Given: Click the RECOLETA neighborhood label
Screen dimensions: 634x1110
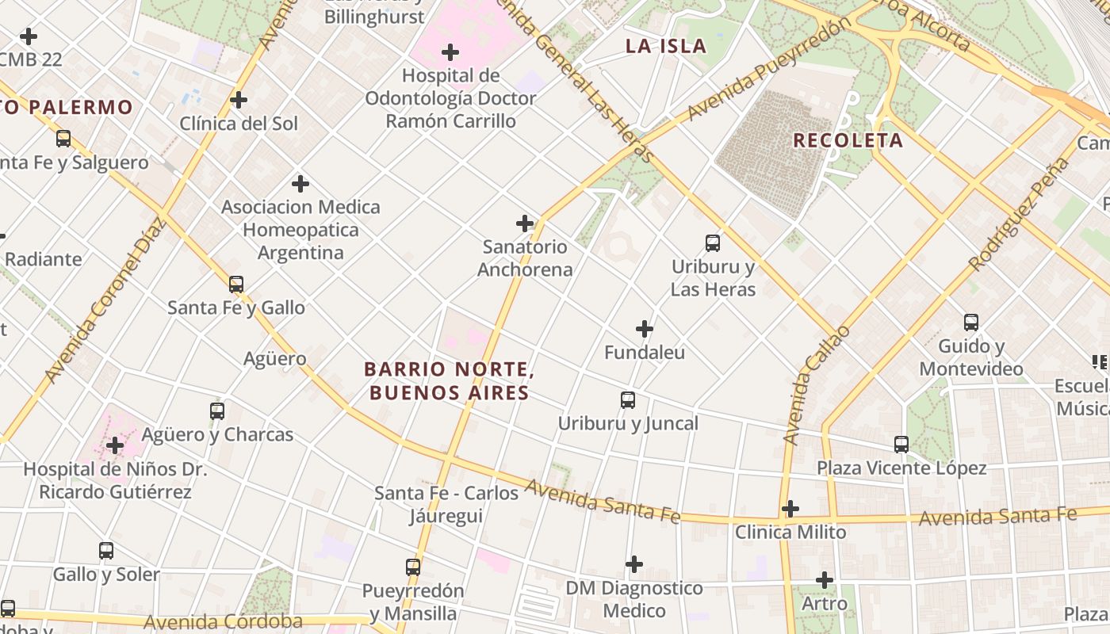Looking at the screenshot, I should [x=848, y=140].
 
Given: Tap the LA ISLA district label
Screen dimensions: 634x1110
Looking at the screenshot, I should [x=665, y=46].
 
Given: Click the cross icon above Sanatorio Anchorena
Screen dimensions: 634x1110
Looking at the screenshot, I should [x=525, y=223].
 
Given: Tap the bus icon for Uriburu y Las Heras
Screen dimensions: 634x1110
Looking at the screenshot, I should [x=713, y=243].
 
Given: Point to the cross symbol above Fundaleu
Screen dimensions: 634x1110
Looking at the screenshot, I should [x=645, y=329].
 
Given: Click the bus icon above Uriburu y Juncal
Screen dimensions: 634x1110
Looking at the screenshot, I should [x=628, y=400].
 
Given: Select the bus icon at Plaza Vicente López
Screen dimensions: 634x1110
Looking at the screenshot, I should [x=901, y=445].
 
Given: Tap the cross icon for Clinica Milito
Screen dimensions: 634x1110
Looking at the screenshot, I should [x=790, y=509].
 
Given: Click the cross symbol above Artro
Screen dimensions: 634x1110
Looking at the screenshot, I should [x=825, y=581].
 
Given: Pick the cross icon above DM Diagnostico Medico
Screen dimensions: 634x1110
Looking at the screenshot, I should [x=634, y=564].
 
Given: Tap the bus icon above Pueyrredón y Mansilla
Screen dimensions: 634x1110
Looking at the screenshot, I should [x=413, y=567].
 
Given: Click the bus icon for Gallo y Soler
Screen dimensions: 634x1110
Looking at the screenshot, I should [x=106, y=551].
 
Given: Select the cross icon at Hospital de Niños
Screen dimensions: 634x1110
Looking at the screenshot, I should [x=115, y=445].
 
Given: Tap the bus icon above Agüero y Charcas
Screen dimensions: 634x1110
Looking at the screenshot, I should [x=217, y=411].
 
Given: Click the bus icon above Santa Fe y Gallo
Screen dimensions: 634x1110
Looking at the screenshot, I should [x=236, y=285].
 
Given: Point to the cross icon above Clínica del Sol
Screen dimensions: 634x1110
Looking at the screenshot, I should [x=239, y=100].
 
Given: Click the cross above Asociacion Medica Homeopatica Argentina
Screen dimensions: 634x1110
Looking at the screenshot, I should [x=300, y=184].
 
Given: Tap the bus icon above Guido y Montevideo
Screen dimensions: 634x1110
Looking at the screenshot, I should [x=971, y=323].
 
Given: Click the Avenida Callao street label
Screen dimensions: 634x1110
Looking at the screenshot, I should [x=816, y=385].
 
